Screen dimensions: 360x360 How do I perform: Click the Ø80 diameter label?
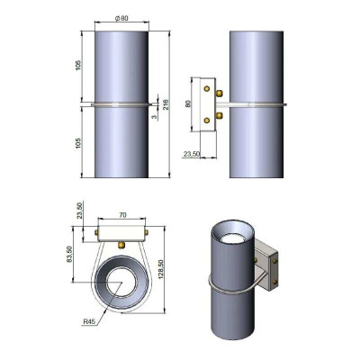pyautogui.click(x=121, y=18)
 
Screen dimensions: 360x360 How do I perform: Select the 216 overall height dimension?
pyautogui.click(x=166, y=104)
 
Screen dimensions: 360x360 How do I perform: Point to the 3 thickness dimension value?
pyautogui.click(x=154, y=117)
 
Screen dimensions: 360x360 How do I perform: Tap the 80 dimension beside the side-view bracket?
pyautogui.click(x=188, y=104)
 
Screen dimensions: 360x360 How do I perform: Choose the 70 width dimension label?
pyautogui.click(x=122, y=215)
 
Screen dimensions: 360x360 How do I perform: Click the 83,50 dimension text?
pyautogui.click(x=69, y=254)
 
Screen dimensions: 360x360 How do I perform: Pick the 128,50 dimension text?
pyautogui.click(x=160, y=270)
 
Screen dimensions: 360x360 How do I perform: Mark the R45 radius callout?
pyautogui.click(x=89, y=322)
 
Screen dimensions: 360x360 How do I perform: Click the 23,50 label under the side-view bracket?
pyautogui.click(x=192, y=154)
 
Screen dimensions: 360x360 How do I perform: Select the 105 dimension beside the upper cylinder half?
pyautogui.click(x=78, y=66)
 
